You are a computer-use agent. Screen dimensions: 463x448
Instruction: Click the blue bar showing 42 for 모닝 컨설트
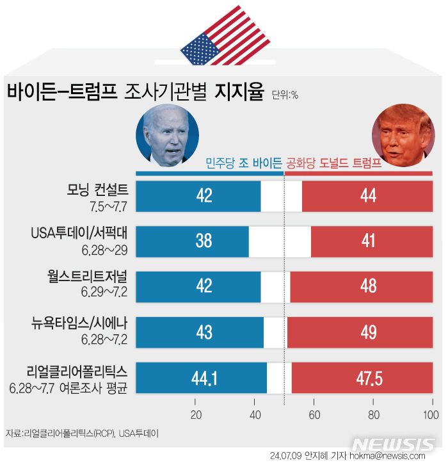[198, 196]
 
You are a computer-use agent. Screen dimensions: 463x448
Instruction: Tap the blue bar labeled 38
[192, 241]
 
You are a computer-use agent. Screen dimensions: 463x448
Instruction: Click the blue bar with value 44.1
[202, 378]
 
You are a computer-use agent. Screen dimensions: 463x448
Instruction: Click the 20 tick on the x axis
[196, 414]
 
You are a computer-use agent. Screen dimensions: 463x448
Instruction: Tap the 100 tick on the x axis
[431, 414]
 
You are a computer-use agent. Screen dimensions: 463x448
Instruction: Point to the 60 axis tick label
[314, 414]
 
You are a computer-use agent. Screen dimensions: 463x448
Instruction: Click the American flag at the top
[215, 37]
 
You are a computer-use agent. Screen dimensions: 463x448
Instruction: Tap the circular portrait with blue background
[167, 136]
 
